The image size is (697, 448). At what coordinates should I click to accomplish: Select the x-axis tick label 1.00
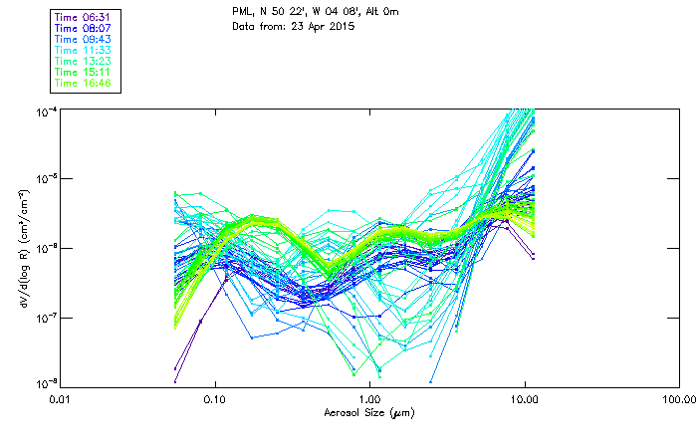pyautogui.click(x=369, y=399)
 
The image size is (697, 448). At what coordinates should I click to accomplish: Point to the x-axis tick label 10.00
pyautogui.click(x=524, y=399)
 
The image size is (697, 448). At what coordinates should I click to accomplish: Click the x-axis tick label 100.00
pyautogui.click(x=678, y=399)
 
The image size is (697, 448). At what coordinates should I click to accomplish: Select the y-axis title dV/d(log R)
pyautogui.click(x=23, y=247)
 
